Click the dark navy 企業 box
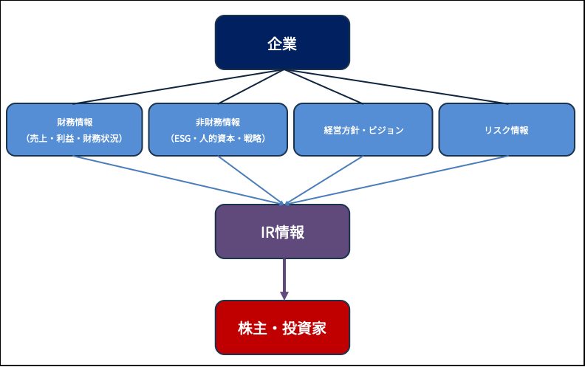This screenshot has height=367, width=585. (x=281, y=43)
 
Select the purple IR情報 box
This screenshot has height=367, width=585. (x=281, y=231)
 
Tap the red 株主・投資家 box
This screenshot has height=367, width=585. (x=281, y=327)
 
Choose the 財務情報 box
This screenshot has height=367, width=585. (x=74, y=129)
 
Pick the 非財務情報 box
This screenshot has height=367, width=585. (x=218, y=129)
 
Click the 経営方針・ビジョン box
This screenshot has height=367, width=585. (x=363, y=129)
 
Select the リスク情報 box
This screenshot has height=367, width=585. (x=506, y=129)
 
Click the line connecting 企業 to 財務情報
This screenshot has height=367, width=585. (x=177, y=86)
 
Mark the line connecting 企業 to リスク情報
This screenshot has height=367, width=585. (x=395, y=87)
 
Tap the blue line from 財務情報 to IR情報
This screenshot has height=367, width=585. (x=177, y=179)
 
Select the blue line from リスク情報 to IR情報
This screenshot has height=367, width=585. (x=395, y=179)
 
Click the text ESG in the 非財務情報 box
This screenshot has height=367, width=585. (x=182, y=138)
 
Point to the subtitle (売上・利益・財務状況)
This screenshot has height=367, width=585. (x=74, y=138)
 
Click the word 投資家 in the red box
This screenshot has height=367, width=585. (x=306, y=328)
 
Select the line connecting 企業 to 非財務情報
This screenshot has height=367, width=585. (x=250, y=87)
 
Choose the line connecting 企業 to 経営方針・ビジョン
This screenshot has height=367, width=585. (x=322, y=87)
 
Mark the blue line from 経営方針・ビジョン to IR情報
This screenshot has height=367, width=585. (x=322, y=179)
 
